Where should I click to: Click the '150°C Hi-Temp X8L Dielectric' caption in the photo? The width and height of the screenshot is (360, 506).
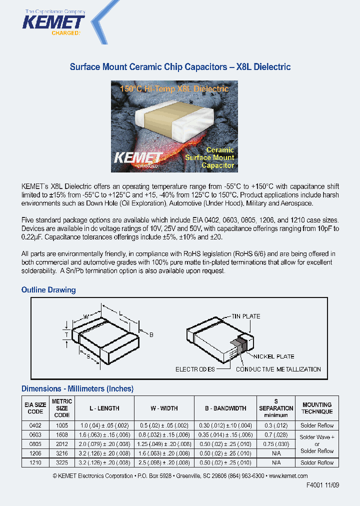pos(174,89)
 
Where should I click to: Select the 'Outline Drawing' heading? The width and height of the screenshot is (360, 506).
pos(48,290)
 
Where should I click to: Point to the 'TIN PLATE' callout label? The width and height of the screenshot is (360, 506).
pos(245,316)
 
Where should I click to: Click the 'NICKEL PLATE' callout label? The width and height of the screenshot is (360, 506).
pos(273,356)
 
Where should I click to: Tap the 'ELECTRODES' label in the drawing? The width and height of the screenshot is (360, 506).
pos(195,369)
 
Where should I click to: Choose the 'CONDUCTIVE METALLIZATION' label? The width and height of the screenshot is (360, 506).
pos(278,369)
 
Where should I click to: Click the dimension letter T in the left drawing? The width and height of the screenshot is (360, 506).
pos(66,334)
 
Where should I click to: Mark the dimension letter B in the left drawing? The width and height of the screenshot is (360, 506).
pos(151,334)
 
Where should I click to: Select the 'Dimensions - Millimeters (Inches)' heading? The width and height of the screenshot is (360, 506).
pos(77,389)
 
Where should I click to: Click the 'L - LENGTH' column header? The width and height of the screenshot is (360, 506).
pos(104,408)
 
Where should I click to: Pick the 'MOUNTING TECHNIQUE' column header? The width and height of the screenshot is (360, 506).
pos(317,408)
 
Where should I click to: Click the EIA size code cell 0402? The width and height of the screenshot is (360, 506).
pos(35,425)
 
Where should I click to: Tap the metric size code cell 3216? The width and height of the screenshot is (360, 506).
pos(62,453)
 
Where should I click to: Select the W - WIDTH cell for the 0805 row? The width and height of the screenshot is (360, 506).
pos(164,444)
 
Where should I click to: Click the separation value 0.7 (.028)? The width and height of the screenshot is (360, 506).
pos(276,435)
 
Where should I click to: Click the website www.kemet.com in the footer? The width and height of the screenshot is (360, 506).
pos(288,476)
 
